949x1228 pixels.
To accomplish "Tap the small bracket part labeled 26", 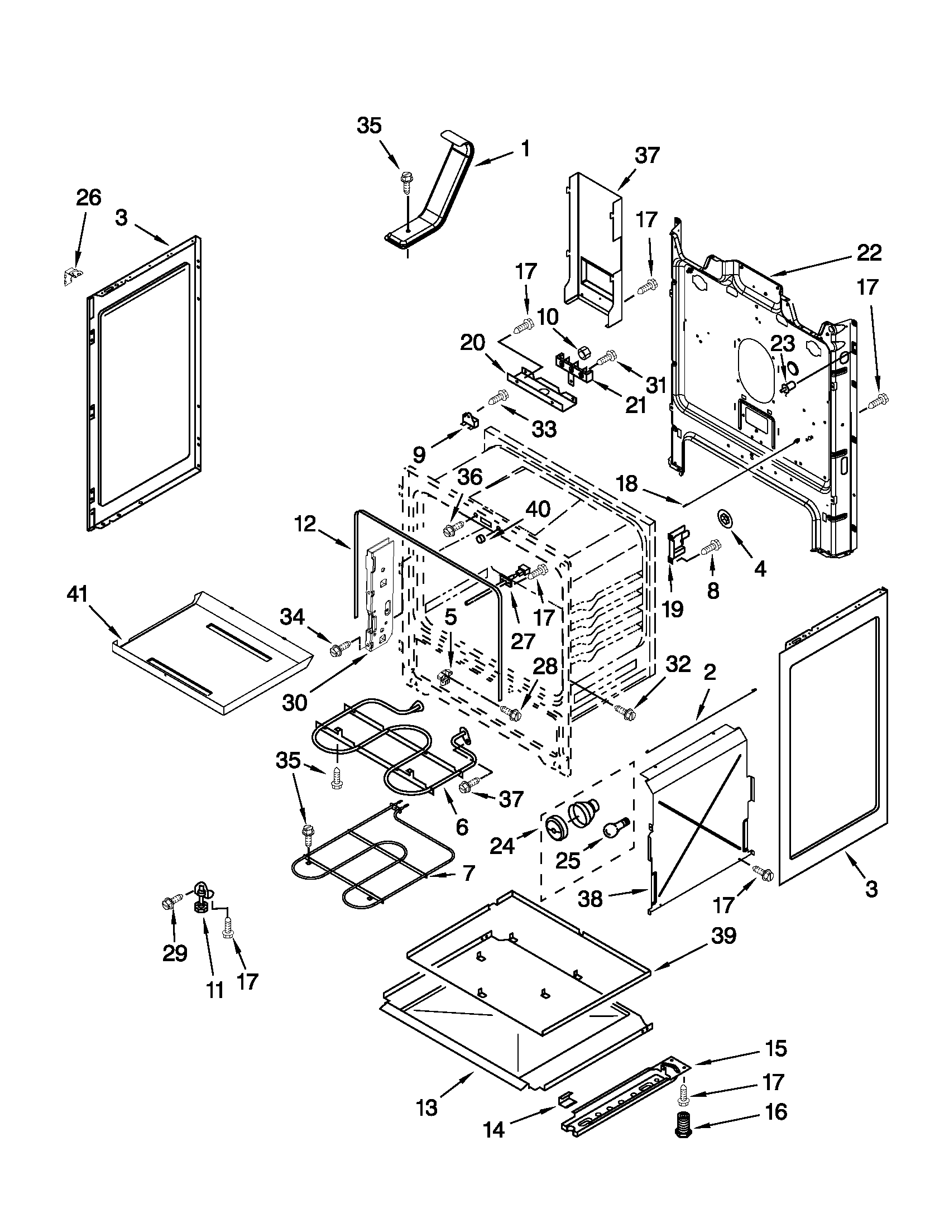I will [x=72, y=275].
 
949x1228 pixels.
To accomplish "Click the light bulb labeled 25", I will [x=614, y=827].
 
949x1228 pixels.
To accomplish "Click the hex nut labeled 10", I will [x=583, y=353].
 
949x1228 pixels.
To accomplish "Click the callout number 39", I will [x=723, y=935].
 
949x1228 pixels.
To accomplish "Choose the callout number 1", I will [x=525, y=148].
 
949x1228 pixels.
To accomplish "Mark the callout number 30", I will [x=295, y=702].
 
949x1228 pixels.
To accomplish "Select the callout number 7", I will [x=468, y=872].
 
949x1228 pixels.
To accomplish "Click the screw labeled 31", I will [x=607, y=356].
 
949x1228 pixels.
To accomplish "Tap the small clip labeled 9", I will [x=469, y=419].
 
